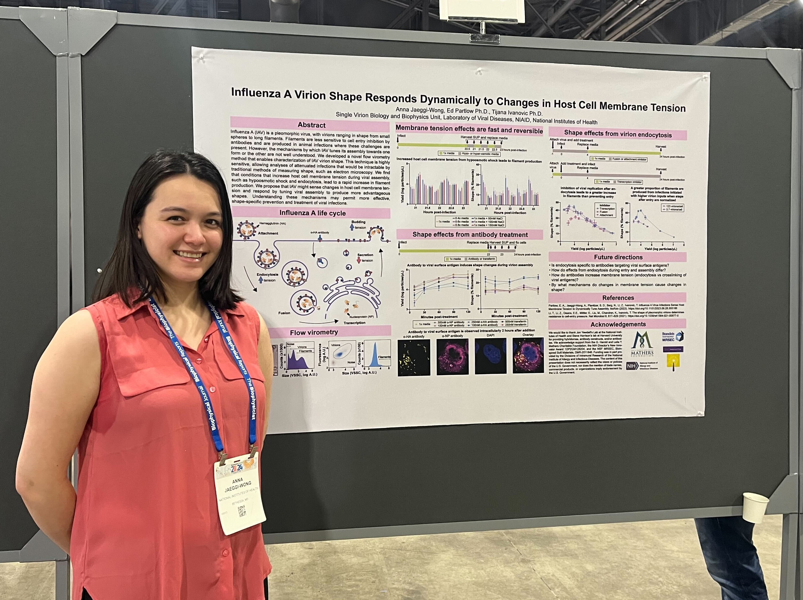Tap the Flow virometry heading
[314, 332]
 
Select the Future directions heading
[618, 257]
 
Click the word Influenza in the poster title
[256, 93]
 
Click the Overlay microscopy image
[528, 356]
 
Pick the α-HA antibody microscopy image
[414, 357]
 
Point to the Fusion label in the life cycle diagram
[284, 313]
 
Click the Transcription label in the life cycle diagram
[354, 323]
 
